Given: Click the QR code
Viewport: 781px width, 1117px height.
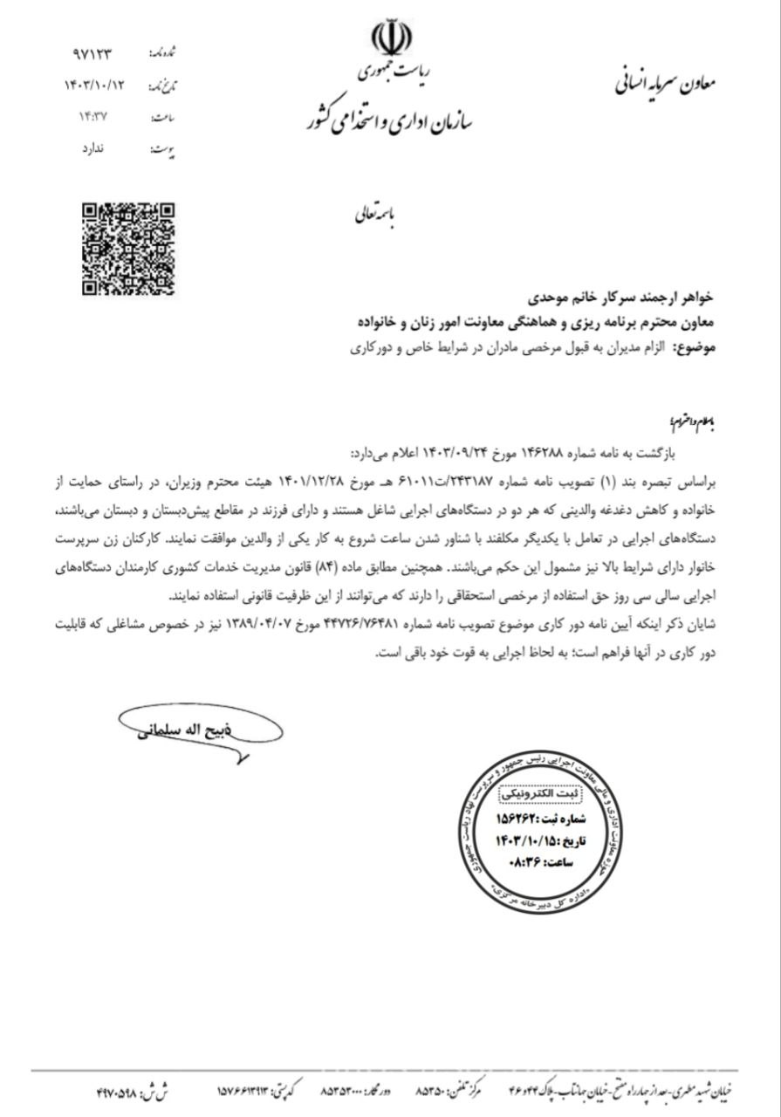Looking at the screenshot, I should (x=128, y=249).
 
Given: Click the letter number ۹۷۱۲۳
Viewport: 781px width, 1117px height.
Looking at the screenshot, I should (x=93, y=55).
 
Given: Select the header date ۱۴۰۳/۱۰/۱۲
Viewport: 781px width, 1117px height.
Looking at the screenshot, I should (x=95, y=86).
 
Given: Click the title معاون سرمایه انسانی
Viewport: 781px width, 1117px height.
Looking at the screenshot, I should (x=665, y=85).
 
